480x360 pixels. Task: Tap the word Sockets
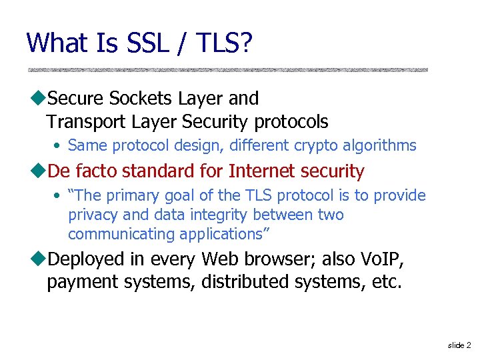click(141, 99)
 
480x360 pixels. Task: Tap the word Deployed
click(87, 259)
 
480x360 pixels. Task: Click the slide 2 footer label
click(459, 345)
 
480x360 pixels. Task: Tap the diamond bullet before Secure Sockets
click(38, 99)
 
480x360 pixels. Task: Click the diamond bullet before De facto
click(38, 171)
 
